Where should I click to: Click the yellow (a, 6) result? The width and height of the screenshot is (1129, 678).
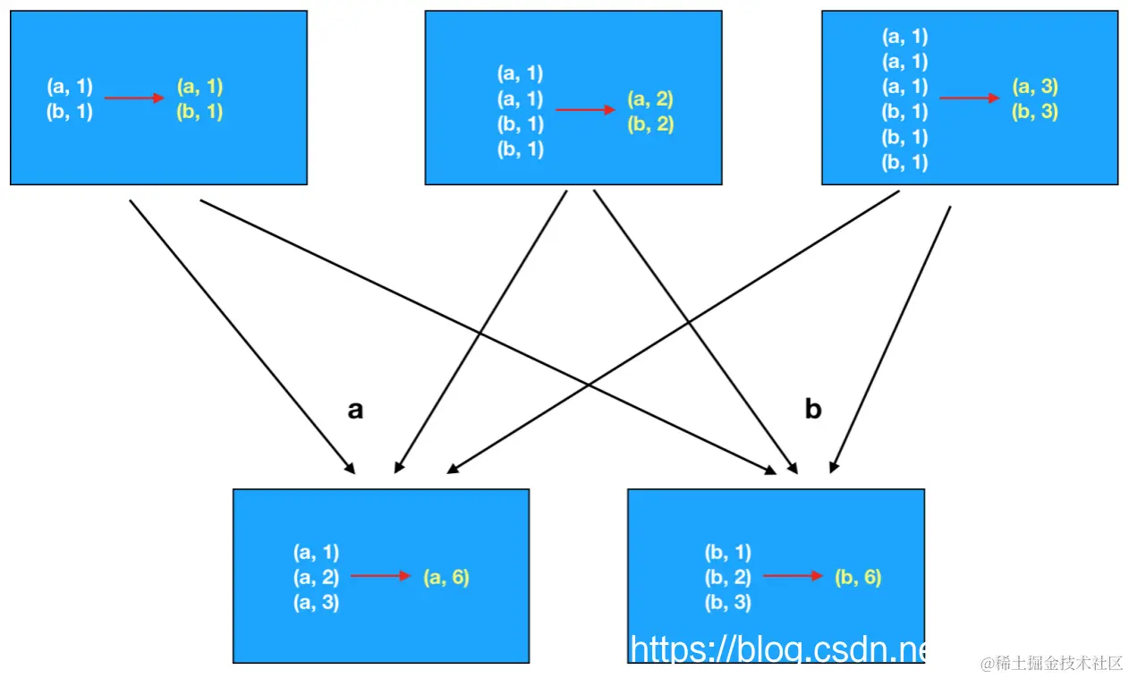(x=446, y=578)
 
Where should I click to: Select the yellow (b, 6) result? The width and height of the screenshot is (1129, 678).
(x=858, y=578)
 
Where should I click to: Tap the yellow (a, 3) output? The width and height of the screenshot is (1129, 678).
(x=1035, y=87)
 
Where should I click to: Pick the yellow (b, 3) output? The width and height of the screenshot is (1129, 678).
(x=1035, y=113)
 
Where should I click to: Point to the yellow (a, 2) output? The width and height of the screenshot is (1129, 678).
(x=650, y=99)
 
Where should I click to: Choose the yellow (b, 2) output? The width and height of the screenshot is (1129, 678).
(x=650, y=124)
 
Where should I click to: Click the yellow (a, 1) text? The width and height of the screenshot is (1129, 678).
(x=199, y=87)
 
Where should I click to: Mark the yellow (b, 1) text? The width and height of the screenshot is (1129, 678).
(x=199, y=112)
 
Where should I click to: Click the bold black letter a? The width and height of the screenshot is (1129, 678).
(x=355, y=411)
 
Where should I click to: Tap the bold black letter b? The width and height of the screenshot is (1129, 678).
(x=812, y=409)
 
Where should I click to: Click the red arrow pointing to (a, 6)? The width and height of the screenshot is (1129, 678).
(x=380, y=577)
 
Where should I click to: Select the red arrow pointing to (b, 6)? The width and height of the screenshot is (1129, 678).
(x=793, y=577)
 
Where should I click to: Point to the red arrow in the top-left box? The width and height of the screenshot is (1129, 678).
(x=134, y=98)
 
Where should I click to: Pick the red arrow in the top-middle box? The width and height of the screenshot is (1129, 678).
(x=585, y=110)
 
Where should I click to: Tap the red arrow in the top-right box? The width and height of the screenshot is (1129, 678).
(x=970, y=98)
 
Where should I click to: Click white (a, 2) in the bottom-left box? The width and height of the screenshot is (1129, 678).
(x=316, y=578)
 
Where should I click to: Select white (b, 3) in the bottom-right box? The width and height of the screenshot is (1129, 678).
(x=728, y=603)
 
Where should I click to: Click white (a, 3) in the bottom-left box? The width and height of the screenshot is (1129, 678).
(x=316, y=603)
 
